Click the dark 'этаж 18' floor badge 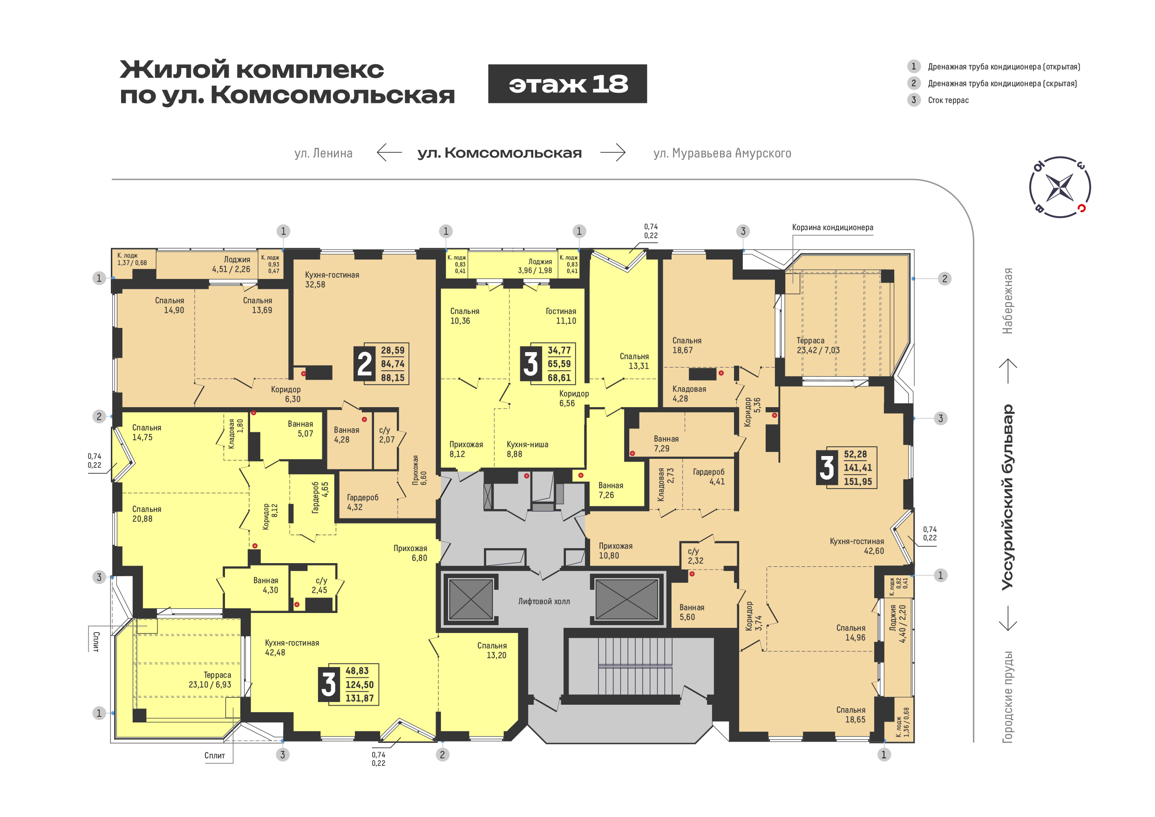tap(567, 84)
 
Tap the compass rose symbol tap(1060, 187)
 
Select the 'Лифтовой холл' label tap(544, 602)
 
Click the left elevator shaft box tap(470, 599)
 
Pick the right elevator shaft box tap(626, 599)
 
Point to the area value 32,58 tap(315, 285)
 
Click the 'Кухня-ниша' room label tap(527, 445)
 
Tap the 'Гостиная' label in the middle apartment tap(560, 312)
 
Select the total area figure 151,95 tap(858, 482)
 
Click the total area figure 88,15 tap(393, 378)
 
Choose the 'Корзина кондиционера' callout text tap(833, 227)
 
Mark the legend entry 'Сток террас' tap(948, 100)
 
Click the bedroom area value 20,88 tap(143, 519)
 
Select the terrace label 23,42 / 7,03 tap(818, 351)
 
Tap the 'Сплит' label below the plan tap(214, 756)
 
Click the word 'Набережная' tap(1008, 301)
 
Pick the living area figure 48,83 tap(357, 671)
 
